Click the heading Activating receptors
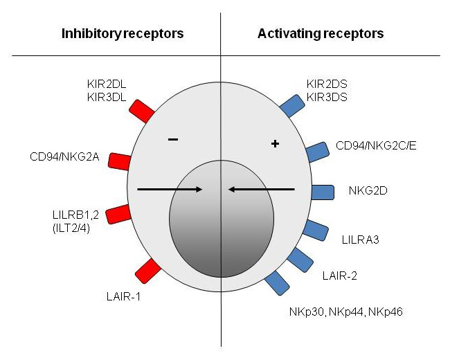321,33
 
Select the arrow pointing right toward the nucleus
170,188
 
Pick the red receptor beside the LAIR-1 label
148,269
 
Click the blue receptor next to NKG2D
323,191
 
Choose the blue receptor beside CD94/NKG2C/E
316,152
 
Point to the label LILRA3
360,240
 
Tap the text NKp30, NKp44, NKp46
345,312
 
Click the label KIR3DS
329,98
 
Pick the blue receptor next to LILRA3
316,230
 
